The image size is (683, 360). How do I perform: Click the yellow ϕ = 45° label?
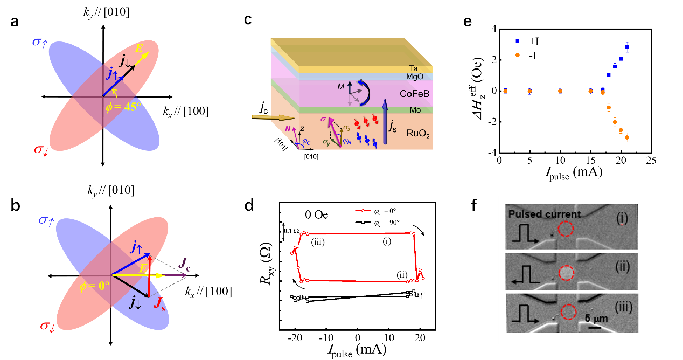pyautogui.click(x=123, y=107)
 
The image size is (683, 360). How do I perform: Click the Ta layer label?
pyautogui.click(x=414, y=68)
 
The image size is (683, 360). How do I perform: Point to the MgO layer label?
pyautogui.click(x=415, y=77)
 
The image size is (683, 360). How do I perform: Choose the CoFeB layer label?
pyautogui.click(x=415, y=94)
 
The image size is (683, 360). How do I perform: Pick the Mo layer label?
pyautogui.click(x=415, y=110)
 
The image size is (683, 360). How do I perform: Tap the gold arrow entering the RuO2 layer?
pyautogui.click(x=273, y=117)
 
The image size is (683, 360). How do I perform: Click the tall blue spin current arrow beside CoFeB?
pyautogui.click(x=385, y=121)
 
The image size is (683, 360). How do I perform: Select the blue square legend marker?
pyautogui.click(x=517, y=41)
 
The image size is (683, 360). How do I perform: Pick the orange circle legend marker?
pyautogui.click(x=517, y=54)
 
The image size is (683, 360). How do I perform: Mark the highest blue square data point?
pyautogui.click(x=626, y=47)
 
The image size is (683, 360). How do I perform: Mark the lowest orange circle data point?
pyautogui.click(x=627, y=138)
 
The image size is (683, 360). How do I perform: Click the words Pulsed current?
pyautogui.click(x=545, y=214)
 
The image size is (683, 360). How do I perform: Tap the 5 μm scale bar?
pyautogui.click(x=595, y=327)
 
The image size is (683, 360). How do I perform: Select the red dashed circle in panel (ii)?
pyautogui.click(x=566, y=273)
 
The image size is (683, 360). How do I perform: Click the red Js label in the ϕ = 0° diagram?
pyautogui.click(x=159, y=304)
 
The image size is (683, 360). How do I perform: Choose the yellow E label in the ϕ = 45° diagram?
pyautogui.click(x=140, y=49)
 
